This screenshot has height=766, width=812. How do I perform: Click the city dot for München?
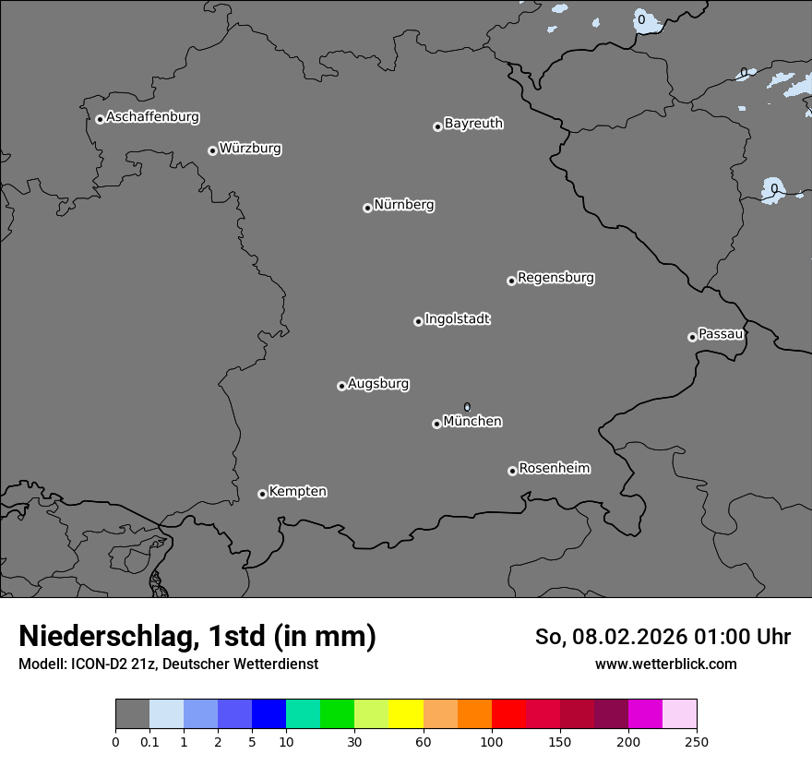[x=436, y=424]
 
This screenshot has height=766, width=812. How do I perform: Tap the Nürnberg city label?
[x=404, y=205]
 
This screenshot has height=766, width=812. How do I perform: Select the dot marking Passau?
[x=692, y=337]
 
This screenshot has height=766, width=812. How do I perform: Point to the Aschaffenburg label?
[x=152, y=117]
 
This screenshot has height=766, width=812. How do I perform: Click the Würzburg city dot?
[x=212, y=150]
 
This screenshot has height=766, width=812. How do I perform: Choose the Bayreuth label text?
[x=473, y=124]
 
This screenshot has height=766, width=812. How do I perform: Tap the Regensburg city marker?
[x=511, y=281]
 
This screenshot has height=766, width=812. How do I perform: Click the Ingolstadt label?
[x=457, y=319]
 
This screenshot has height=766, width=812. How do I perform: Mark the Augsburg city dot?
[x=341, y=386]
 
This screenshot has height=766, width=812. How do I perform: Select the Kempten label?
[x=297, y=492]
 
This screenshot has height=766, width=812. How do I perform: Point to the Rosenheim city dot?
[x=512, y=472]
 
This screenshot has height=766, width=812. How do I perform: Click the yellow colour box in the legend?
[x=406, y=714]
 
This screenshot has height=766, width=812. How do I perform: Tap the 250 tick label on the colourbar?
[x=697, y=741]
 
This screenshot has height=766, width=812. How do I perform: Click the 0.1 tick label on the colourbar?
[x=149, y=741]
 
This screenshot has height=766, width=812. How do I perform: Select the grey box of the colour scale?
[x=132, y=714]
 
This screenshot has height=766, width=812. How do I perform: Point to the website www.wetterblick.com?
[x=666, y=664]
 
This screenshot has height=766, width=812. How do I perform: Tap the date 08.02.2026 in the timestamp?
[x=625, y=637]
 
